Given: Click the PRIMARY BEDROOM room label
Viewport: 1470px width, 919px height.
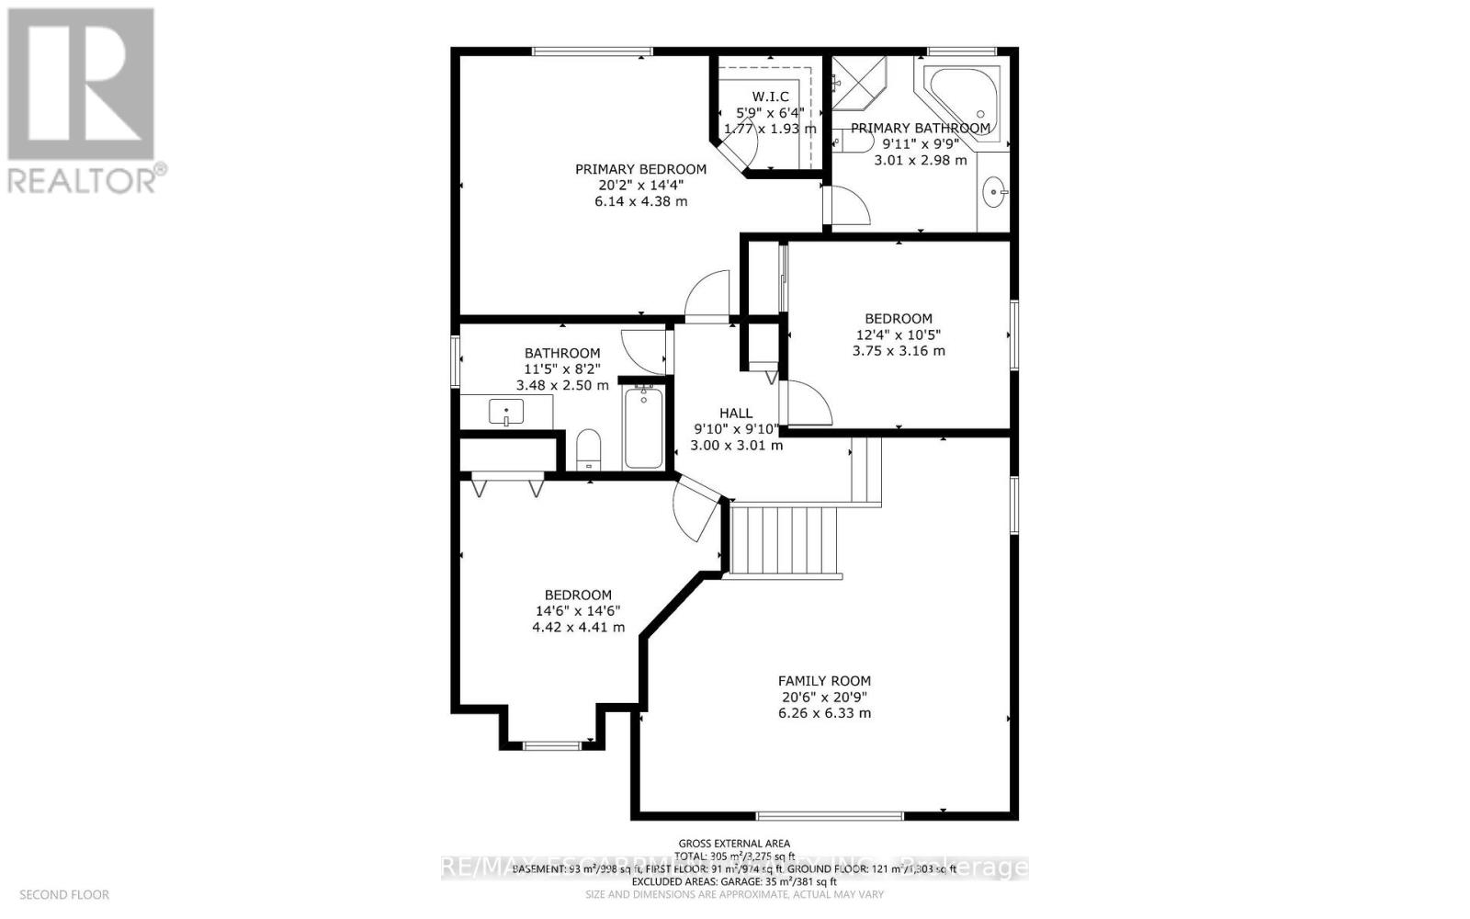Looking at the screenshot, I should [640, 169].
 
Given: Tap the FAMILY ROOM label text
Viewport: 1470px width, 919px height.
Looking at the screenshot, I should [824, 681].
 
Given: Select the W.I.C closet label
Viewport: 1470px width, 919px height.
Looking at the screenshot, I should [770, 97].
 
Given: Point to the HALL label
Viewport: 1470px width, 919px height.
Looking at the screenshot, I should [736, 414].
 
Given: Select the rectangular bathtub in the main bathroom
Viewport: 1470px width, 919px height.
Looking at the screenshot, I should [643, 427].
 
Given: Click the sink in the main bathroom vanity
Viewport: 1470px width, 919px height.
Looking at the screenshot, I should [506, 412].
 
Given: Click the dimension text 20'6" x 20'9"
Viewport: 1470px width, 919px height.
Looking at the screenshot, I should [824, 698].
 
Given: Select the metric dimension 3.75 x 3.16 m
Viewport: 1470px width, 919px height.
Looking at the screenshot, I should [899, 350].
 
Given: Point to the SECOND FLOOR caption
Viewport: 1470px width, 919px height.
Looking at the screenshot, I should [64, 894].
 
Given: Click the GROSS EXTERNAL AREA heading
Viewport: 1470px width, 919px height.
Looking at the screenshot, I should [734, 843].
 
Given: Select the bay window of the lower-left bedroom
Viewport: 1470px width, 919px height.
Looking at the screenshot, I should [552, 743].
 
